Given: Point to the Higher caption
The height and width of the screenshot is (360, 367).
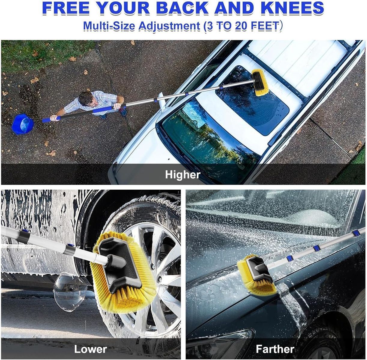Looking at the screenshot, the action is [183, 175].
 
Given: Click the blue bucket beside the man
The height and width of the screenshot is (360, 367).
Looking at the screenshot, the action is [23, 124].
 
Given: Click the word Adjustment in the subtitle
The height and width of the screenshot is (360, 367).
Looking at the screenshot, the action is [169, 26].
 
